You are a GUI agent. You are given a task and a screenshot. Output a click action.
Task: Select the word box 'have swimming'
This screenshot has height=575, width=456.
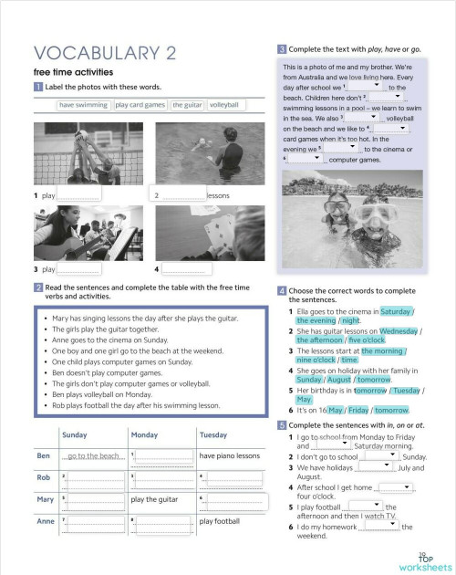pos(83,105)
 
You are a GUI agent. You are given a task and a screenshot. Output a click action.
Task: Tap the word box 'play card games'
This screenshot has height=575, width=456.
pos(140,105)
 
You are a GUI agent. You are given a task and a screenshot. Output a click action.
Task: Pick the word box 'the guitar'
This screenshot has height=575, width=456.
pos(187,105)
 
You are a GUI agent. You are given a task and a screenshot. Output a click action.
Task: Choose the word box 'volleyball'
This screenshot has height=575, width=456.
pos(223,105)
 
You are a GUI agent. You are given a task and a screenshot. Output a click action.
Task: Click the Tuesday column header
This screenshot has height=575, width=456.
pos(212,435)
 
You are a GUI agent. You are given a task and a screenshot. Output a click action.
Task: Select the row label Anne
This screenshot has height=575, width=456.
pos(44,521)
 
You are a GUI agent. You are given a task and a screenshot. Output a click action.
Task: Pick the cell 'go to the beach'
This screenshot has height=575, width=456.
pos(93,455)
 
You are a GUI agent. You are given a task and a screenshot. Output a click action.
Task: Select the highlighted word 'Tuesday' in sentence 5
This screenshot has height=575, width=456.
pos(404,390)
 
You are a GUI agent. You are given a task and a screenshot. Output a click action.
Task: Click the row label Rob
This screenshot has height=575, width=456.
pos(44,477)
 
